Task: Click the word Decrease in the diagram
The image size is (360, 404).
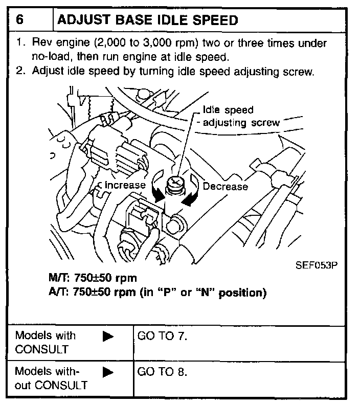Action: [225, 187]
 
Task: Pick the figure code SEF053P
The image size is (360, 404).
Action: [317, 266]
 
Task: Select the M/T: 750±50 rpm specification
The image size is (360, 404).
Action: [92, 279]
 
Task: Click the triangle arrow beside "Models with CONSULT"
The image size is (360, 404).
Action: [108, 337]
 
